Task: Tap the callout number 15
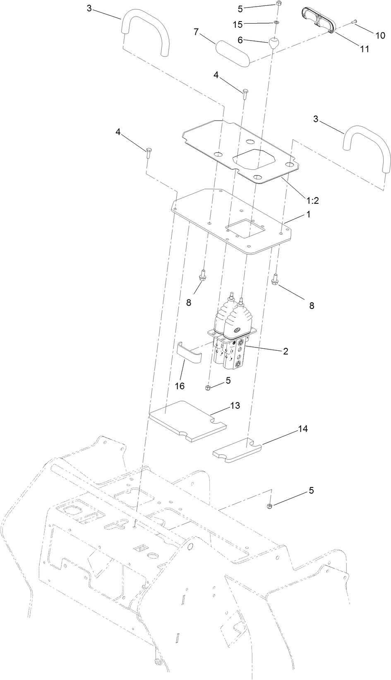237,24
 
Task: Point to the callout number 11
364,49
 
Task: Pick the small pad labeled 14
237,451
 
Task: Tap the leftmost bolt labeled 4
148,152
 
